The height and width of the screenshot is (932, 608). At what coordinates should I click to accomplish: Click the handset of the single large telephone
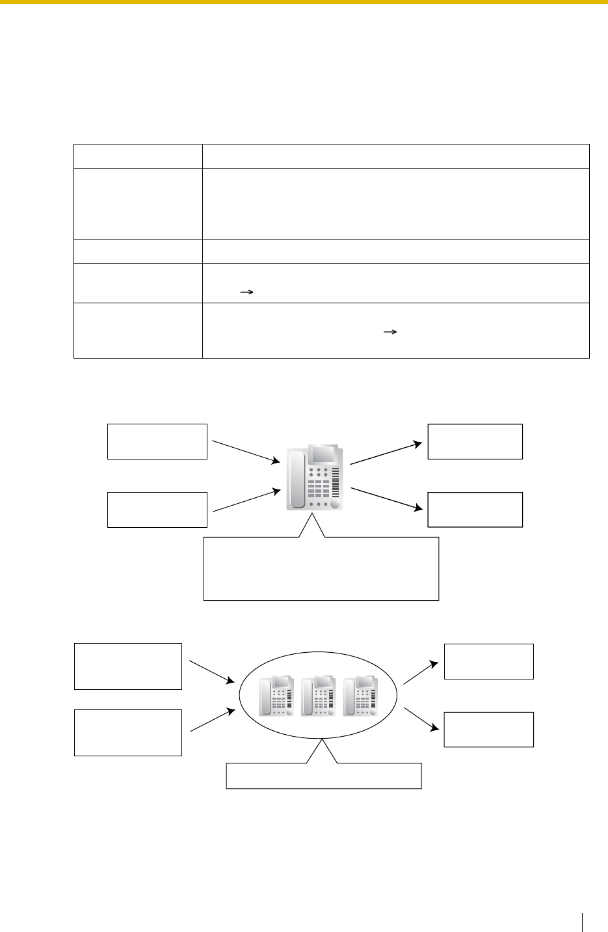[x=297, y=479]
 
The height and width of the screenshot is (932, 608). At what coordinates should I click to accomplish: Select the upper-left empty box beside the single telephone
[x=157, y=441]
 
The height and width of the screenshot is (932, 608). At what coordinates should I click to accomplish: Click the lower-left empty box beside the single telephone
[x=157, y=510]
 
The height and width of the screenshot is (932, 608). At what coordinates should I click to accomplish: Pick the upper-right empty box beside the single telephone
[x=475, y=441]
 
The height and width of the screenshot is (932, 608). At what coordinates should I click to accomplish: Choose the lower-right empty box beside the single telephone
[x=475, y=510]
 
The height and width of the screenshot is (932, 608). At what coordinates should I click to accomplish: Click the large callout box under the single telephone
[x=321, y=568]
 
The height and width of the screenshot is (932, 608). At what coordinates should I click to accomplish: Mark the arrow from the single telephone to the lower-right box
[x=384, y=498]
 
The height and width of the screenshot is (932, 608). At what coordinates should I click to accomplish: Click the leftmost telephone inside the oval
[x=276, y=696]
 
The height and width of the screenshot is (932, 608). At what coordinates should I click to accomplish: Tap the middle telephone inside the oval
[x=319, y=696]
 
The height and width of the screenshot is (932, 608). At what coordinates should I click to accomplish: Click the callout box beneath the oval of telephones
[x=324, y=776]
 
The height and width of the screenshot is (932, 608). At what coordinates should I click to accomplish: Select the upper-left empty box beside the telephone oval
[x=128, y=666]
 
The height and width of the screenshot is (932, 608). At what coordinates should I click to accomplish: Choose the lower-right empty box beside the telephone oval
[x=488, y=729]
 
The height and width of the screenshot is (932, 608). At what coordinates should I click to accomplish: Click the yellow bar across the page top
[x=304, y=3]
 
